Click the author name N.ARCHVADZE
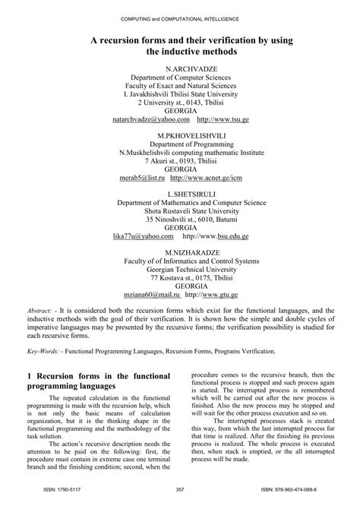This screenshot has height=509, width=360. click(x=180, y=68)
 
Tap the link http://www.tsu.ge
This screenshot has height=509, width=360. click(x=223, y=120)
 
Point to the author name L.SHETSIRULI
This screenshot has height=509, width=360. click(x=180, y=194)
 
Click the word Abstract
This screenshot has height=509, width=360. click(x=39, y=311)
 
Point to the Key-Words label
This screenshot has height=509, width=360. click(x=44, y=351)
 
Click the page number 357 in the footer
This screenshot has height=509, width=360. click(x=180, y=488)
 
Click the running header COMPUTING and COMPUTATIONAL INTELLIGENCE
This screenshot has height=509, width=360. click(x=180, y=17)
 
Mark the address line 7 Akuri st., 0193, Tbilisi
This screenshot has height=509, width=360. click(x=180, y=161)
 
